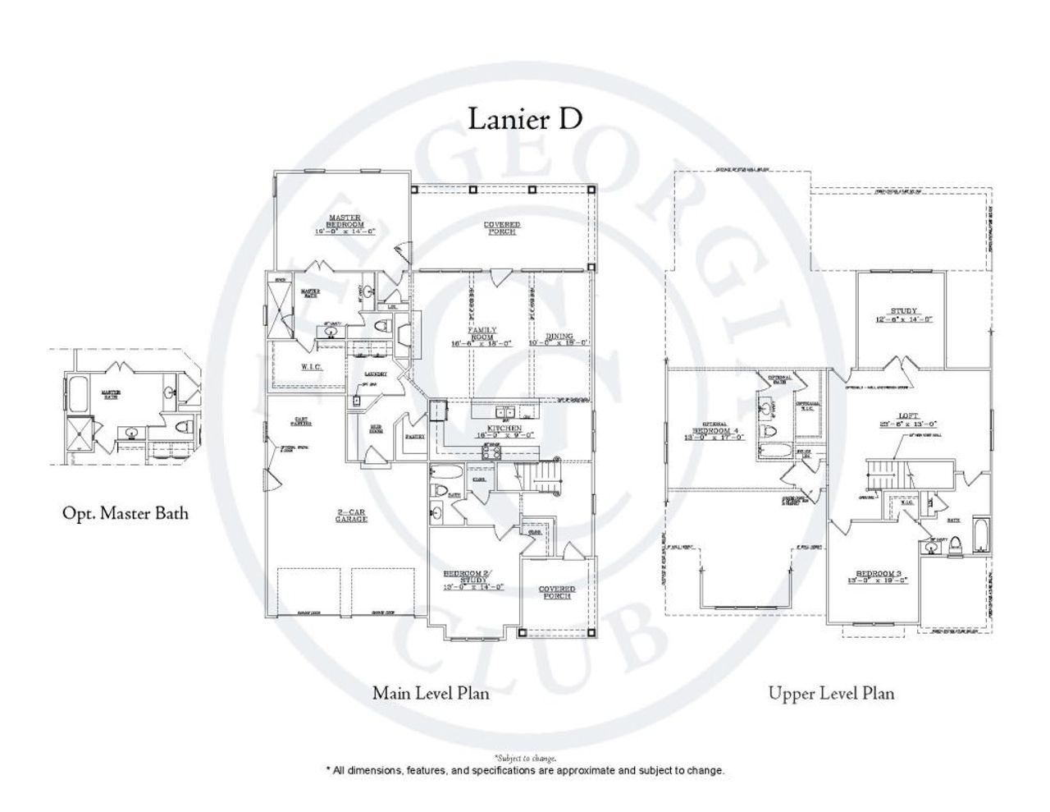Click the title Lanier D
click(525, 118)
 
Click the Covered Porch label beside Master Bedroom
click(501, 228)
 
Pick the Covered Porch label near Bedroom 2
click(557, 592)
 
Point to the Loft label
click(908, 419)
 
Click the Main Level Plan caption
click(431, 693)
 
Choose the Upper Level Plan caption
click(831, 693)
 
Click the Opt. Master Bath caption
click(126, 513)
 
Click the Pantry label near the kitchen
click(414, 437)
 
